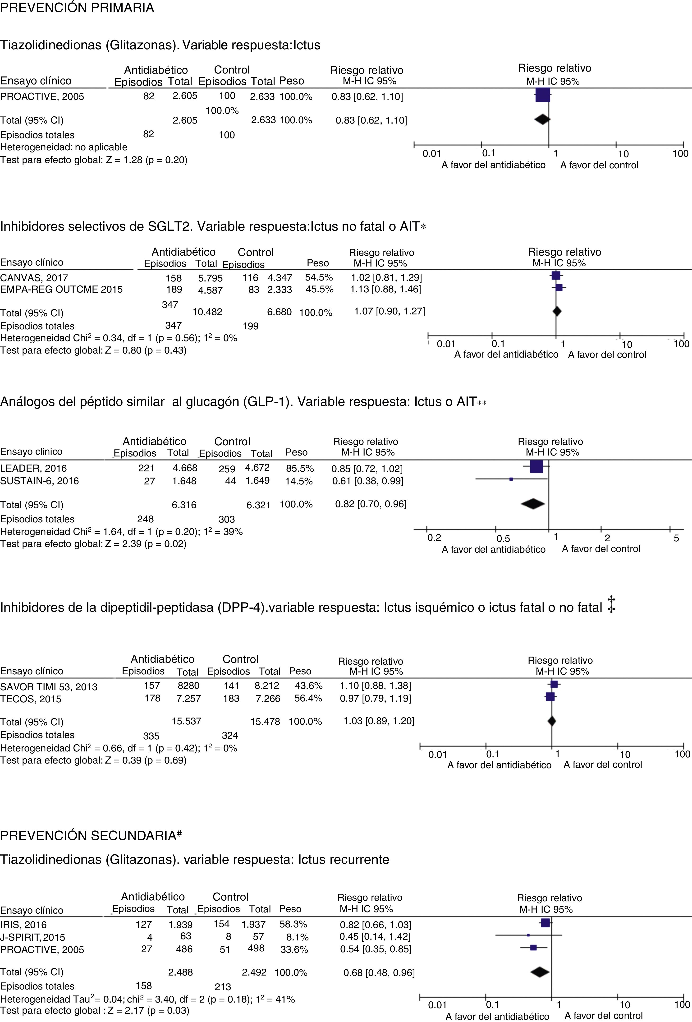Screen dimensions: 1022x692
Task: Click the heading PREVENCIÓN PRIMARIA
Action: [x=77, y=8]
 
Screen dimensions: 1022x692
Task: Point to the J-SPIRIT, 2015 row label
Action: [x=32, y=937]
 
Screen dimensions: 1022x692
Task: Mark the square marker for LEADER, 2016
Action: [x=536, y=467]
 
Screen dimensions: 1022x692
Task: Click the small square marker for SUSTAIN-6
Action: [x=511, y=479]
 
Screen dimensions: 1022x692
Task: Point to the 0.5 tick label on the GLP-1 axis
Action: [x=503, y=538]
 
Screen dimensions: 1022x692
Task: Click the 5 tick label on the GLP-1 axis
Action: [x=676, y=538]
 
